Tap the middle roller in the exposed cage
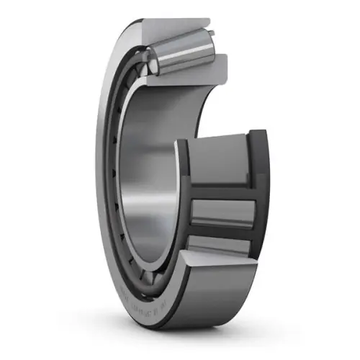223,211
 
